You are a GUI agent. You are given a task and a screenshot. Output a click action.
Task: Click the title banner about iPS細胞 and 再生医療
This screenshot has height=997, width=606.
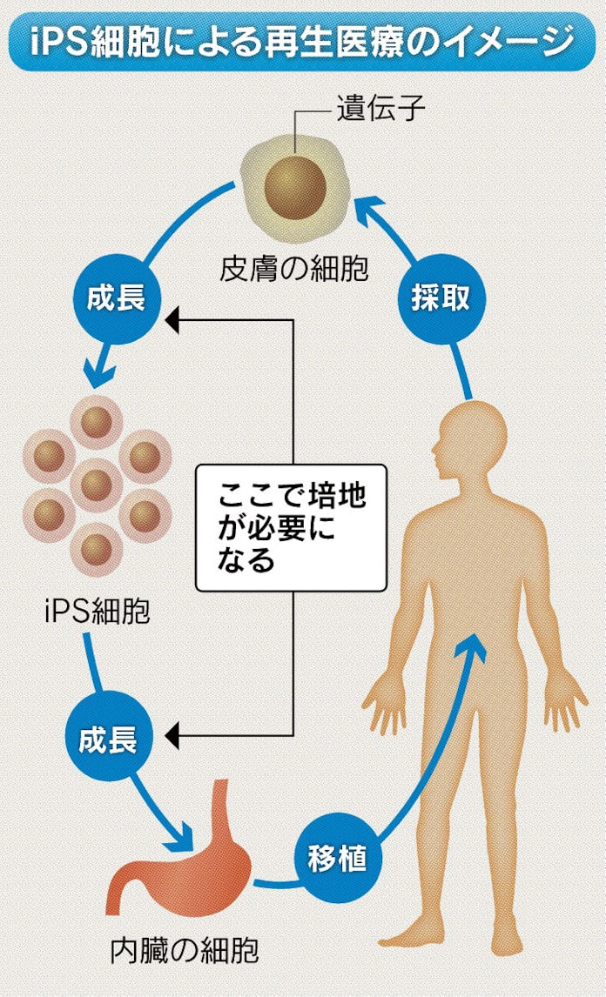pyautogui.click(x=302, y=39)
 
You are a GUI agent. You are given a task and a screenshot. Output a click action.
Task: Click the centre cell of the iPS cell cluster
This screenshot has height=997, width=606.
pyautogui.click(x=96, y=484)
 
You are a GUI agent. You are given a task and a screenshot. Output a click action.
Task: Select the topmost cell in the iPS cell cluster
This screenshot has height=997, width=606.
pyautogui.click(x=96, y=421)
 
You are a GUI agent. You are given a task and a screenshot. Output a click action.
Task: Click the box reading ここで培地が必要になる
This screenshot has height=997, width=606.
pyautogui.click(x=290, y=528)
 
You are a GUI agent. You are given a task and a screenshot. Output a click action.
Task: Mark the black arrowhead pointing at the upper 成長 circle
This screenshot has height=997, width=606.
pyautogui.click(x=172, y=320)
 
